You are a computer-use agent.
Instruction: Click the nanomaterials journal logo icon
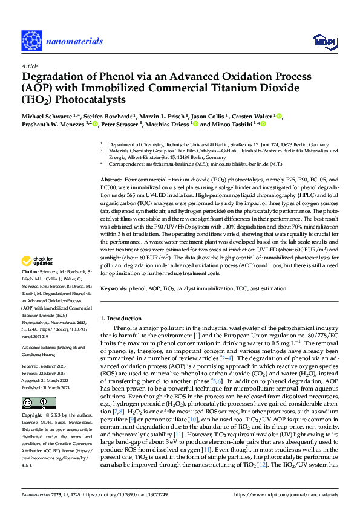(x=33, y=41)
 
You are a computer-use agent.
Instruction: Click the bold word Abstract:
(x=111, y=180)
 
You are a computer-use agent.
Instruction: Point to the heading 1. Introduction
(x=123, y=318)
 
